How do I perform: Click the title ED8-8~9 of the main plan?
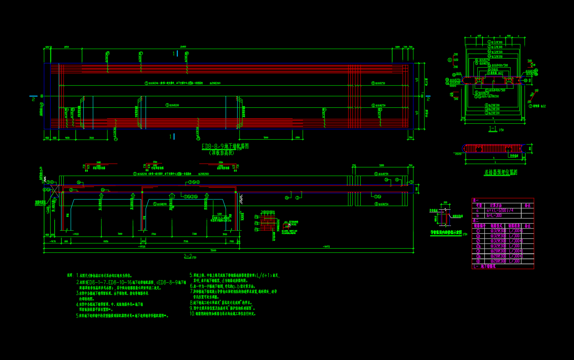click(225, 146)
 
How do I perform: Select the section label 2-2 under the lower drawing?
click(188, 256)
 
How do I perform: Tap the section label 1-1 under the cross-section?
click(493, 129)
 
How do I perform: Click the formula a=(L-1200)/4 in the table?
click(500, 210)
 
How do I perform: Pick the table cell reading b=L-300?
click(494, 215)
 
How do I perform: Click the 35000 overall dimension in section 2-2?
click(213, 251)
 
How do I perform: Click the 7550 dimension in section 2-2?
click(186, 241)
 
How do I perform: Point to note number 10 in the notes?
click(192, 314)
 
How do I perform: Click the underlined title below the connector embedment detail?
click(500, 172)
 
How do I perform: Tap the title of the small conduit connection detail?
click(446, 233)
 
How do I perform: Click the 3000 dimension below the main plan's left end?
click(91, 138)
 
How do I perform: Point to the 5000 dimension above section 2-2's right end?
click(381, 165)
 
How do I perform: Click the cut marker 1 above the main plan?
click(174, 53)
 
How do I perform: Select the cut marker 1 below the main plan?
click(171, 136)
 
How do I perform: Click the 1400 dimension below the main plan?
click(67, 138)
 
